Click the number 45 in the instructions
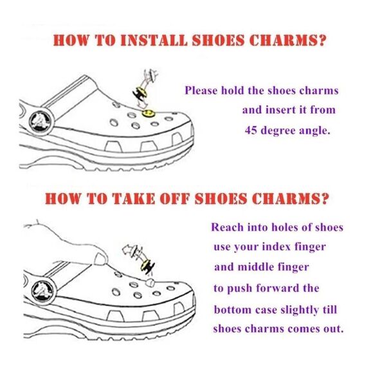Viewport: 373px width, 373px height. [251, 130]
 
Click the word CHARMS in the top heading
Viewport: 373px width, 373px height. [285, 41]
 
